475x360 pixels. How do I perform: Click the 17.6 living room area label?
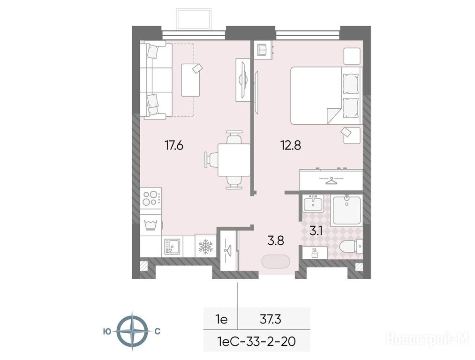174,146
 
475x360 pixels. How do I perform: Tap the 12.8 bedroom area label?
291,146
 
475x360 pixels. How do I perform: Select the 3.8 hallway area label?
276,241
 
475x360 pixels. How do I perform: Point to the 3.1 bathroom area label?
316,231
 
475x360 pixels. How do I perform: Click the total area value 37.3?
271,319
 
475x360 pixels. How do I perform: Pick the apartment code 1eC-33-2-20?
256,342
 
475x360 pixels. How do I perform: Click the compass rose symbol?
132,331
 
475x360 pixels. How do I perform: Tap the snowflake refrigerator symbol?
206,246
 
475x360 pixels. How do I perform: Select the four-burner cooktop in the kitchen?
151,198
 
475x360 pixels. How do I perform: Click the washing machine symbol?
151,225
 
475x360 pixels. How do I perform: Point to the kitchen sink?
172,246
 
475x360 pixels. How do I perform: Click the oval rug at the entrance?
276,262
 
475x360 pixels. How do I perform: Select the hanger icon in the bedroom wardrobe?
331,181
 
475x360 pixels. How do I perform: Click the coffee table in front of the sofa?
190,80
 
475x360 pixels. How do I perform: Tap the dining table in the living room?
234,160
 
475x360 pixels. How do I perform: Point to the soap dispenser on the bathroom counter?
315,253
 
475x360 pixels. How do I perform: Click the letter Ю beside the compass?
106,331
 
